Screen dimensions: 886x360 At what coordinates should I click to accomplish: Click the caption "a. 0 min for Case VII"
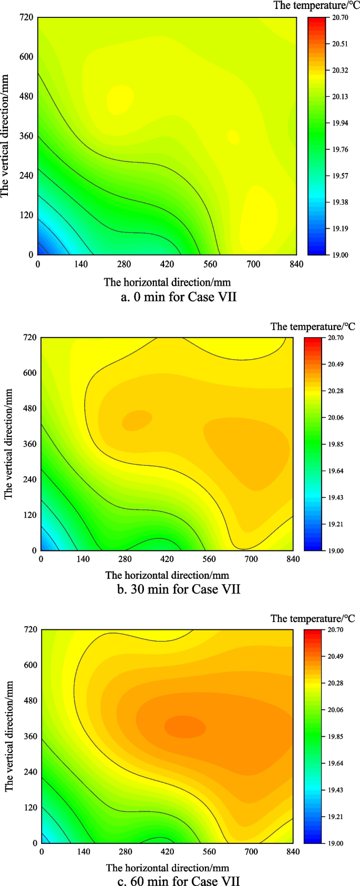[x=179, y=297]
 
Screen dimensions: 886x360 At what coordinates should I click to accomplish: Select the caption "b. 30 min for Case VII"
[x=179, y=589]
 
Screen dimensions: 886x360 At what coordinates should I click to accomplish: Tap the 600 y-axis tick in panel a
[x=26, y=57]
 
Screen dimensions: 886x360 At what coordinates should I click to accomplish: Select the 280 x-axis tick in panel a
[x=124, y=264]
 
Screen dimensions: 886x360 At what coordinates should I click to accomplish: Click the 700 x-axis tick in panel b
[x=251, y=559]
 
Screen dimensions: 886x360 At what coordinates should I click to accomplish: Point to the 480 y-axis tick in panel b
[x=29, y=408]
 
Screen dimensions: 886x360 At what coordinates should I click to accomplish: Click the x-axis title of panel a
[x=167, y=282]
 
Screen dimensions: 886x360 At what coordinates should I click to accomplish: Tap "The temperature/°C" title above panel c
[x=313, y=618]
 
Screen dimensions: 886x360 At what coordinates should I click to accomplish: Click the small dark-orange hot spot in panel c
[x=184, y=727]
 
